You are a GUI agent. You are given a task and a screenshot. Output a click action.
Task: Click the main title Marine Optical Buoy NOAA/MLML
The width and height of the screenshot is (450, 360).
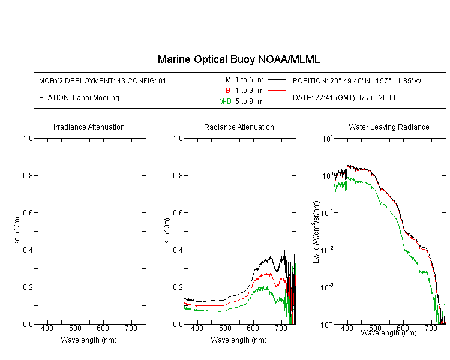point(239,59)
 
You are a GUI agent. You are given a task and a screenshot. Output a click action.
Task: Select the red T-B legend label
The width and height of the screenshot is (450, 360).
point(224,91)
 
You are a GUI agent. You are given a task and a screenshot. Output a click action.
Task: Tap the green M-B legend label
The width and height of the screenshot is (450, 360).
point(225,101)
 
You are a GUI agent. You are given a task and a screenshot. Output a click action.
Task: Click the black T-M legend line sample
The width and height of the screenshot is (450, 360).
point(277,80)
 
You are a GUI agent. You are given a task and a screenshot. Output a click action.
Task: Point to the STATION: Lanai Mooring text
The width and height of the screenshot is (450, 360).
point(79,98)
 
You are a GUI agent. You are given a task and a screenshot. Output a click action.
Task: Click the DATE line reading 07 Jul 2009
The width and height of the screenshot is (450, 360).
point(344,98)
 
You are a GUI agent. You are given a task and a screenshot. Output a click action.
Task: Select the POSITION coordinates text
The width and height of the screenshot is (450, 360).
point(357,80)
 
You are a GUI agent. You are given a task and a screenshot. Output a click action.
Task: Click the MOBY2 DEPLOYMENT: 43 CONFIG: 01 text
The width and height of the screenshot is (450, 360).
point(103,80)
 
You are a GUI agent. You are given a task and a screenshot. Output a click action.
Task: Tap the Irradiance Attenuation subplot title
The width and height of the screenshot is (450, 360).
point(89,127)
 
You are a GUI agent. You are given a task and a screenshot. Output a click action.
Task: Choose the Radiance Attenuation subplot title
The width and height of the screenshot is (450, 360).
point(239,127)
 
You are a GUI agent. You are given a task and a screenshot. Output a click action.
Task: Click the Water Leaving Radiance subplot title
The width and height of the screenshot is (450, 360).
point(389,127)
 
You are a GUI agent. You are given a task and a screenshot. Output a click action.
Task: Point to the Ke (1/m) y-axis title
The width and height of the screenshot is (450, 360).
point(17,231)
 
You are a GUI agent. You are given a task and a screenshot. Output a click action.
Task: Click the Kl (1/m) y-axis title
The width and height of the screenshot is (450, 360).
point(167,231)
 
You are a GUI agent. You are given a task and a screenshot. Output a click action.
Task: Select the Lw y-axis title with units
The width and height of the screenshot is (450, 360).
point(316,232)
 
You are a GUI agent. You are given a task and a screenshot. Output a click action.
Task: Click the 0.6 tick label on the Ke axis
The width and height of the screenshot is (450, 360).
point(28,213)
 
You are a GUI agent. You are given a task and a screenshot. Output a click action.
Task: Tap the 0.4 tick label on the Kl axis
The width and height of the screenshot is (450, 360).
point(178,250)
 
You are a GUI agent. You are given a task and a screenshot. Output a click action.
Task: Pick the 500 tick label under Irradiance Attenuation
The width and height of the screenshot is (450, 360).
point(75,328)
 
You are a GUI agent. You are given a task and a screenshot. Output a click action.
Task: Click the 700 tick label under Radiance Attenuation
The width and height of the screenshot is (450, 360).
point(281,328)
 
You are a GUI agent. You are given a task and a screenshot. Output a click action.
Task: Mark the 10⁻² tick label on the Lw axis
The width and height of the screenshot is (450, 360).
point(327,250)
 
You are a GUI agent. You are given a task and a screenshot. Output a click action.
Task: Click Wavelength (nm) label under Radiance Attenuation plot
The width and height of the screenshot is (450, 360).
point(239,340)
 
